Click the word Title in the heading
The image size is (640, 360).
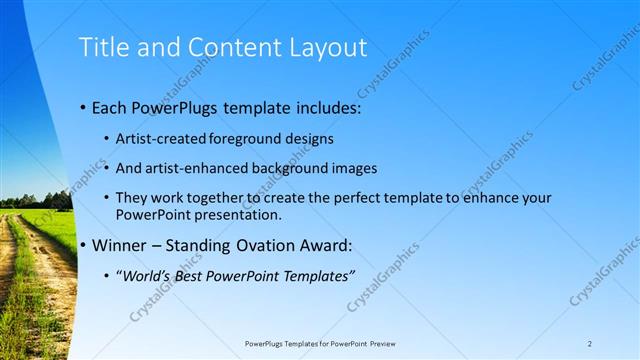(103, 47)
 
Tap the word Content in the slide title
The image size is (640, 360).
(223, 47)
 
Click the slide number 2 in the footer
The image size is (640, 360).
(590, 344)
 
